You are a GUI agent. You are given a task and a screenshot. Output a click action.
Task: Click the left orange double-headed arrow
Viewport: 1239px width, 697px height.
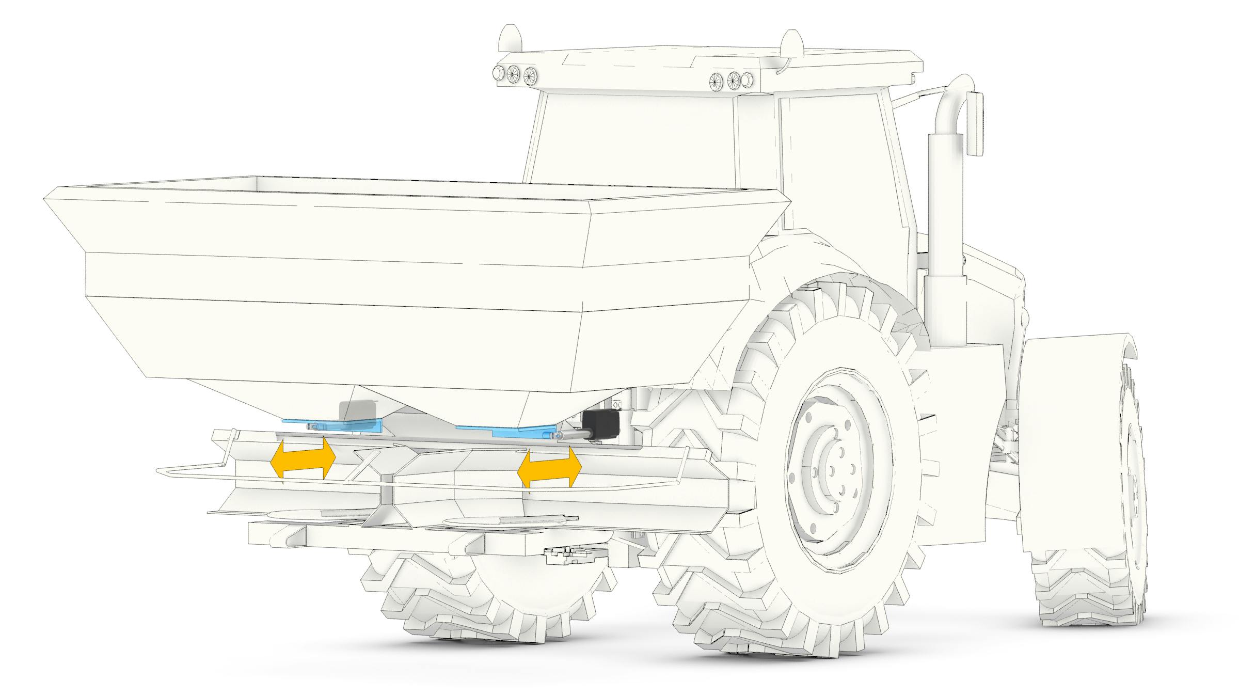click(303, 457)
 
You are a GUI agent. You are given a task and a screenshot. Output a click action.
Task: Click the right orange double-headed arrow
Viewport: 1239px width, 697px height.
click(549, 467)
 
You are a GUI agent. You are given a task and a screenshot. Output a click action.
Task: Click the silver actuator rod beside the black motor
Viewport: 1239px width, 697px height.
click(570, 435)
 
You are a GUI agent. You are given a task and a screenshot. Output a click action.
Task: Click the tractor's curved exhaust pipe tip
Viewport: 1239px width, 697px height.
click(960, 85)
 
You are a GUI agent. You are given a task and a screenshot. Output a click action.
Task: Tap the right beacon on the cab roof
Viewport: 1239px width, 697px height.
click(792, 42)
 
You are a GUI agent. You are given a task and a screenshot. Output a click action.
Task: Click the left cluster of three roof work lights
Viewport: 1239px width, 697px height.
click(514, 74)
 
